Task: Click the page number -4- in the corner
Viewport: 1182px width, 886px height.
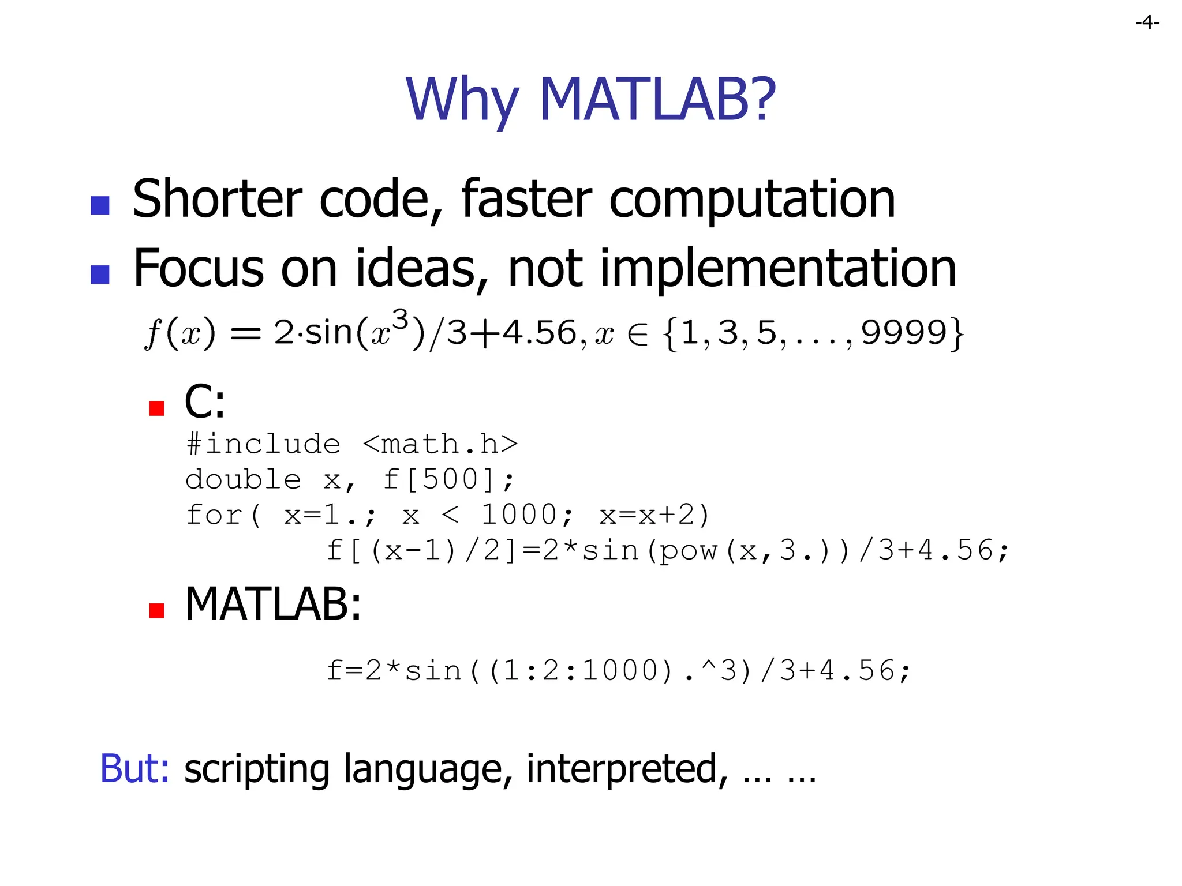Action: [1147, 22]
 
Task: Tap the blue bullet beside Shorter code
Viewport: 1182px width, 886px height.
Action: [100, 205]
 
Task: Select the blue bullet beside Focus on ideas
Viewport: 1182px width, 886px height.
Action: [100, 275]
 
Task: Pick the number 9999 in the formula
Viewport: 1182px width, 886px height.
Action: [904, 333]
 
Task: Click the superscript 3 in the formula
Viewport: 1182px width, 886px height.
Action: [400, 320]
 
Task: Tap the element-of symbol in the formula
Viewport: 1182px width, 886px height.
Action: [637, 335]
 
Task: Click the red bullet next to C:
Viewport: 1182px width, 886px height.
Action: [156, 408]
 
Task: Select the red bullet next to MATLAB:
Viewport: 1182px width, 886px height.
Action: [156, 610]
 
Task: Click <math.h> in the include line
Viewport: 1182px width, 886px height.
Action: [440, 444]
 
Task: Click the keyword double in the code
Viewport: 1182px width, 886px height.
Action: [243, 479]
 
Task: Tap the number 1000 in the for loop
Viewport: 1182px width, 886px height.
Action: [519, 515]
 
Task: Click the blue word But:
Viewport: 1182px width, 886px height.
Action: [134, 769]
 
